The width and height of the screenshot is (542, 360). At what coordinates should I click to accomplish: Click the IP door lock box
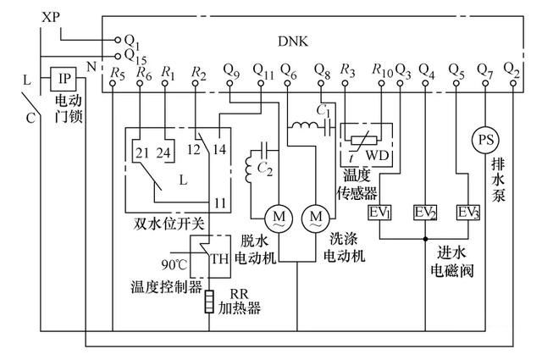tap(63, 79)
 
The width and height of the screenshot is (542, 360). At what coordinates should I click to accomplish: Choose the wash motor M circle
tap(314, 218)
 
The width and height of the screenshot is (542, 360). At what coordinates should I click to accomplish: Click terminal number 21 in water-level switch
tap(140, 153)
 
